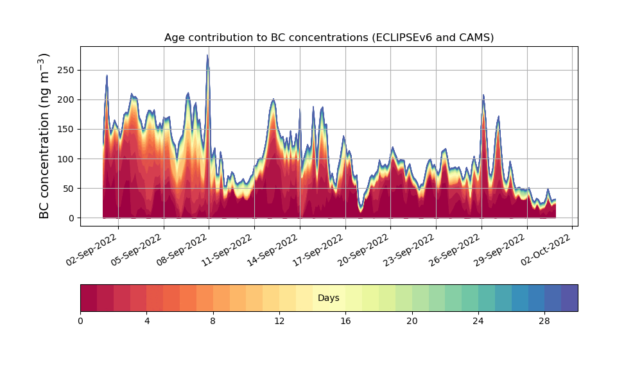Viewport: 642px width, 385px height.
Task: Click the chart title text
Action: (x=329, y=37)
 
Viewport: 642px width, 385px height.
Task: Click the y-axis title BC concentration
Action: (x=44, y=136)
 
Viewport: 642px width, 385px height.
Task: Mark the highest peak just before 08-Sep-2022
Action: (x=207, y=56)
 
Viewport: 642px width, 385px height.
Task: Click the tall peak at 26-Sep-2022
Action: (x=483, y=96)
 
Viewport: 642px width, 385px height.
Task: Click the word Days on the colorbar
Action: (x=329, y=298)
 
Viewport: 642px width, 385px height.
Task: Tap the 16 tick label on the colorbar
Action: (x=345, y=321)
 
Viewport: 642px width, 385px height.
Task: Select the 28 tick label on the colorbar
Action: (x=544, y=321)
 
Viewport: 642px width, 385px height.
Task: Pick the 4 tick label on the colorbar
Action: (x=146, y=321)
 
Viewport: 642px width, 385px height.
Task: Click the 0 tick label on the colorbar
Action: (x=80, y=321)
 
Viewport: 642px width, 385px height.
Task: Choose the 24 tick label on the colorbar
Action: (x=478, y=321)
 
